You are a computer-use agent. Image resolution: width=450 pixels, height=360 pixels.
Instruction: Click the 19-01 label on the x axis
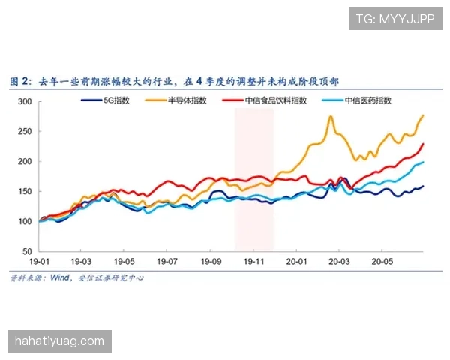coord(38,262)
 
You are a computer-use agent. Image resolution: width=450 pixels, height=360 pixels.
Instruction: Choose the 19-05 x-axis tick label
coord(124,262)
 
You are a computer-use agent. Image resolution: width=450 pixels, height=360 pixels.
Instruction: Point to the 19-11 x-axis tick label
coord(254,262)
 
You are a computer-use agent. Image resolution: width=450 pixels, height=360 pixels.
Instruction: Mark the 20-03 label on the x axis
coord(340,262)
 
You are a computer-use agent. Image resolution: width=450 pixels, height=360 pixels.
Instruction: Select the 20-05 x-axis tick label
coord(383,262)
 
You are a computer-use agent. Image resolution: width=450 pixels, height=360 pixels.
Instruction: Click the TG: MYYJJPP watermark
coord(395,19)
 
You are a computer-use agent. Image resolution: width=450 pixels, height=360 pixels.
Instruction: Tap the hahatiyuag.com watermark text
coord(60,341)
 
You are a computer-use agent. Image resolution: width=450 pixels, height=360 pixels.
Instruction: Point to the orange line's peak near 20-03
coord(330,117)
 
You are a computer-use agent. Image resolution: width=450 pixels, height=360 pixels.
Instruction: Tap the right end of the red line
coord(424,143)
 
